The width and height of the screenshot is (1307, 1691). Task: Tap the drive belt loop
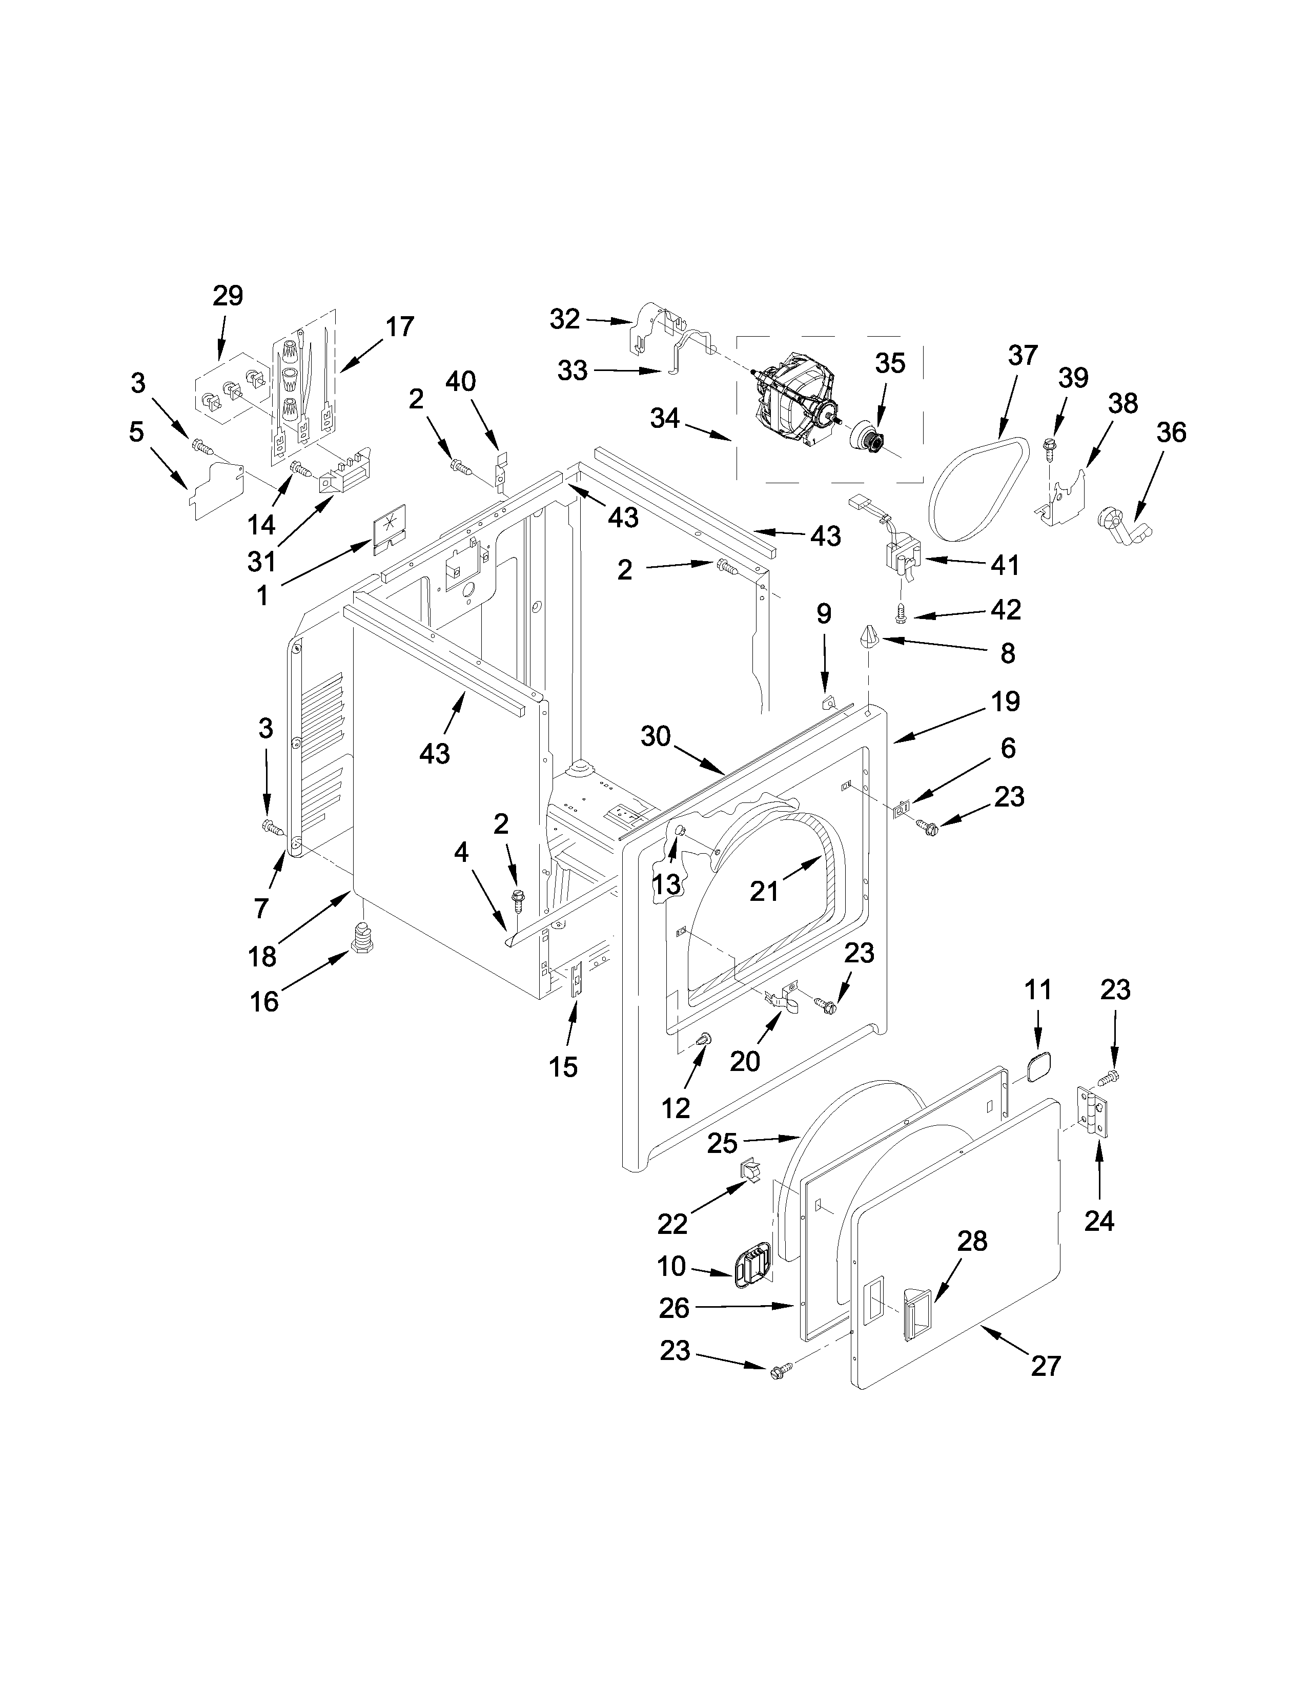979,488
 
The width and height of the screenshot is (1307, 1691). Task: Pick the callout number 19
1005,702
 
